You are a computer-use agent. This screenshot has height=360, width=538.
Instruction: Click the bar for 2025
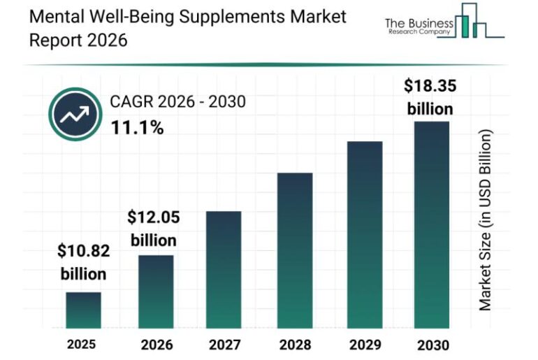(83, 310)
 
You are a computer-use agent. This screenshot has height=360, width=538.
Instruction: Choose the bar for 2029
(364, 235)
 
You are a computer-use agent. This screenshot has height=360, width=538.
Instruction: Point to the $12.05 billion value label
(153, 229)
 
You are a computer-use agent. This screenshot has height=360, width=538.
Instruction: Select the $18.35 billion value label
(429, 97)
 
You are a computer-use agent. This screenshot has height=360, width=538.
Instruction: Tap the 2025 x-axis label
(82, 344)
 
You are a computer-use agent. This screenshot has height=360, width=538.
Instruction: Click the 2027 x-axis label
(224, 345)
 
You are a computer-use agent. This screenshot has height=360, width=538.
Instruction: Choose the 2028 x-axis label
(294, 345)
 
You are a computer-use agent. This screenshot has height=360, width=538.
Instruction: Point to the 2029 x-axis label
(364, 345)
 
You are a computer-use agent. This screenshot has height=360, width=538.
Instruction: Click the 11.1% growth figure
(137, 128)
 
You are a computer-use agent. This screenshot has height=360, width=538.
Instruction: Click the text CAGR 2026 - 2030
(177, 102)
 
